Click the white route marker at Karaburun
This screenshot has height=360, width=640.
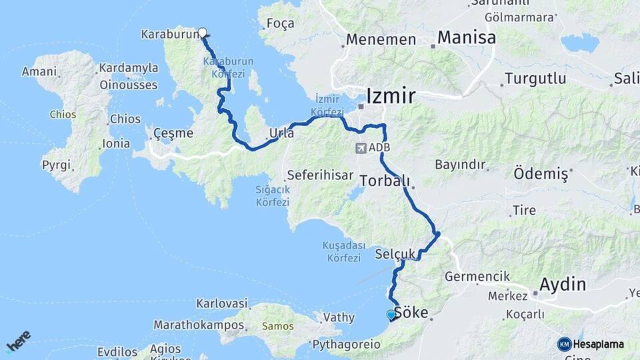202,31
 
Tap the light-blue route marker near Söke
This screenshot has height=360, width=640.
391,315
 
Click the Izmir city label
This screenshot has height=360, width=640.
392,95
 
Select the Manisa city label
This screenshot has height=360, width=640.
467,37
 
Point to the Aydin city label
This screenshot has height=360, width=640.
562,284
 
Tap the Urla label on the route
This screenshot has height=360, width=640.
281,133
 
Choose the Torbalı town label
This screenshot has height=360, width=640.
384,180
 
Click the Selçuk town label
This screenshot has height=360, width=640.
395,254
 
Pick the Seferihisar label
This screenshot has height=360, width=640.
319,176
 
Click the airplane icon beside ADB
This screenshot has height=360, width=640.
361,147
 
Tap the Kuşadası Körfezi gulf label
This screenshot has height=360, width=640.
341,251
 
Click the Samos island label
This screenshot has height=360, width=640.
277,326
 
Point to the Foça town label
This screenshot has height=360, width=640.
280,24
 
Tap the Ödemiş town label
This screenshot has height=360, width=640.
541,175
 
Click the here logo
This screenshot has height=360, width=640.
18,341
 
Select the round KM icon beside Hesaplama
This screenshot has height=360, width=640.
565,344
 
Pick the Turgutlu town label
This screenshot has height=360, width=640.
535,79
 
